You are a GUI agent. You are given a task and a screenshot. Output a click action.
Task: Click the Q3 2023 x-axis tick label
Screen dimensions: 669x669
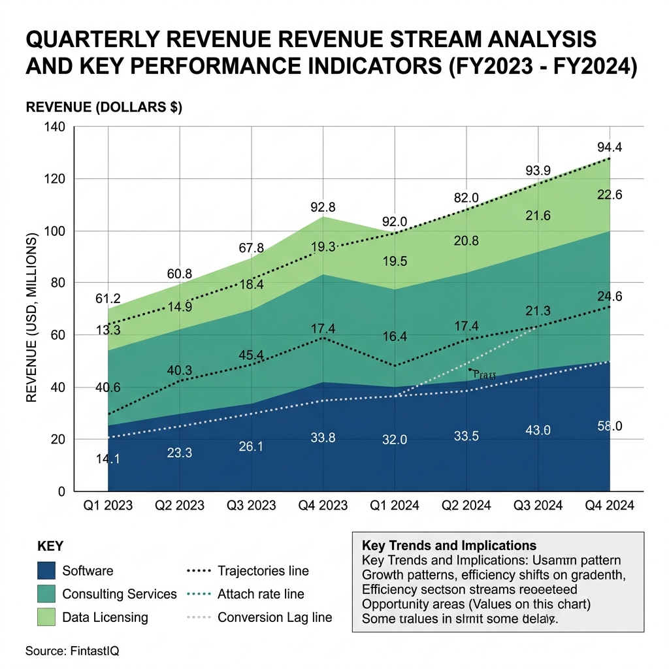tap(251, 505)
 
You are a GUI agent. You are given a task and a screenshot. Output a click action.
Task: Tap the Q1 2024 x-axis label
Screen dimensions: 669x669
tap(395, 505)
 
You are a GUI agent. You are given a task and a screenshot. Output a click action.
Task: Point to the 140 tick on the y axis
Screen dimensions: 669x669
tap(55, 127)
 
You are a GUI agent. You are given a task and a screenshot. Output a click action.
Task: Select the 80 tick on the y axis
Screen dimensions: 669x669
tap(58, 283)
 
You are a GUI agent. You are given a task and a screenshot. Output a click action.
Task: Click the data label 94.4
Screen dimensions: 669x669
tap(609, 147)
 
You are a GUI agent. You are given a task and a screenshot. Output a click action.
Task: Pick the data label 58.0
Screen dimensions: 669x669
tap(609, 426)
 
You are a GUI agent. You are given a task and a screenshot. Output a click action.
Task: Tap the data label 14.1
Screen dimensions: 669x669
tap(108, 459)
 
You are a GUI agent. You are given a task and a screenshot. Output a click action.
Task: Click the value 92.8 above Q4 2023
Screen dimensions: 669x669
tap(322, 208)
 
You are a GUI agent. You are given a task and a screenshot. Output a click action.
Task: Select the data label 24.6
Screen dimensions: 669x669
tap(609, 297)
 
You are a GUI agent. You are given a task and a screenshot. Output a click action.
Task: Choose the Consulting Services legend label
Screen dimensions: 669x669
tap(120, 594)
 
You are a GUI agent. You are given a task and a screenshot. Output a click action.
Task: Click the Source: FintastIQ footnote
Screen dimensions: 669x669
tap(73, 651)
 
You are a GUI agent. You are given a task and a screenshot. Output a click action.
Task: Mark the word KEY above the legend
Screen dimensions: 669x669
tap(50, 546)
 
